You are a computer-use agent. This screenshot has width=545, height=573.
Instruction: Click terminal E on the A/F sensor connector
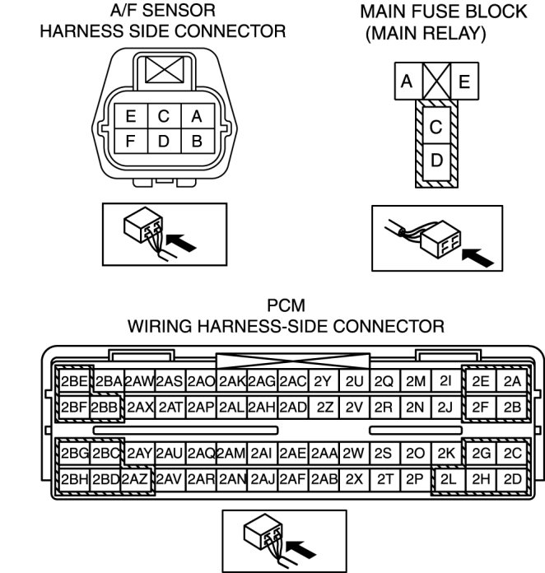[131, 117]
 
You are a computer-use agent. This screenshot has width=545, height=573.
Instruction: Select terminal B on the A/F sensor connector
[196, 141]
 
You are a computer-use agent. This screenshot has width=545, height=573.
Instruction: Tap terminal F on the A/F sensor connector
[131, 141]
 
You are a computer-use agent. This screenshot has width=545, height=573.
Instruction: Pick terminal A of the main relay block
[407, 82]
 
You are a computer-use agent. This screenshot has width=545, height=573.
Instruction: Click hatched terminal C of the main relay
[436, 128]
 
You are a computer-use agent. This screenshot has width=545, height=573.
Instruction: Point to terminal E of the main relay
[465, 82]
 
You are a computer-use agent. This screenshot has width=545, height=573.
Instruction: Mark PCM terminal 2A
[512, 381]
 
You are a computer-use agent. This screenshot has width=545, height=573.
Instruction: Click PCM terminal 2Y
[324, 381]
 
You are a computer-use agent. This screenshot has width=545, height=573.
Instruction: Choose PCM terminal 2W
[353, 453]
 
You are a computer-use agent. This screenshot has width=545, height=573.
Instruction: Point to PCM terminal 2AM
[231, 453]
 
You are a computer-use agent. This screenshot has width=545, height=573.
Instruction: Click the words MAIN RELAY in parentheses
[426, 35]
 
